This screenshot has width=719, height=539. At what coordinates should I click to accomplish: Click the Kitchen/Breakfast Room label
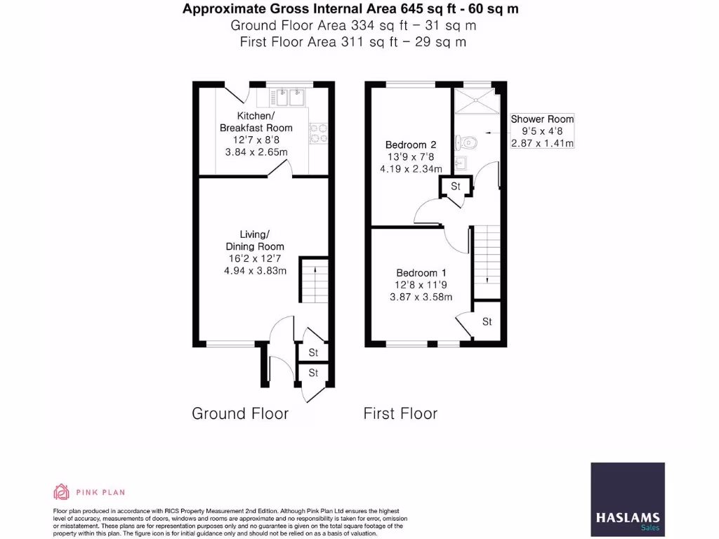(x=256, y=121)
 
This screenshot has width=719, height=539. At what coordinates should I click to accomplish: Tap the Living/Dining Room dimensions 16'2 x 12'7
(x=255, y=259)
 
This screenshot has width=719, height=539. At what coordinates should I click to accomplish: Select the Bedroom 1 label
(x=421, y=273)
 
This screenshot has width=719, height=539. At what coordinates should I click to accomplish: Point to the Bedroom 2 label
(x=411, y=145)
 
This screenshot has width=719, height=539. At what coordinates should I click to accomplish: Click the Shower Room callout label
(x=542, y=119)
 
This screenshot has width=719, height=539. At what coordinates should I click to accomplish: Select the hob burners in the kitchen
(x=318, y=133)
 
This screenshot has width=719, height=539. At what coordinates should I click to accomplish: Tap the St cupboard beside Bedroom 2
(x=455, y=187)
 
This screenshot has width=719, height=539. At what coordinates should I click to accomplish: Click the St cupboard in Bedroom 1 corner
(x=487, y=321)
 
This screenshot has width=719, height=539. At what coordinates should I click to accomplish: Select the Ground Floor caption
(x=240, y=413)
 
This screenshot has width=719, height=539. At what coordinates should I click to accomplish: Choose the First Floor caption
(x=400, y=413)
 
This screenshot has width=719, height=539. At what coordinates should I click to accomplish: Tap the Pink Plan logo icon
(x=62, y=491)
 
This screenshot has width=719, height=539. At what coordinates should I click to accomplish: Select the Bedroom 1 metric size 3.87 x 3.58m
(x=421, y=297)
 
